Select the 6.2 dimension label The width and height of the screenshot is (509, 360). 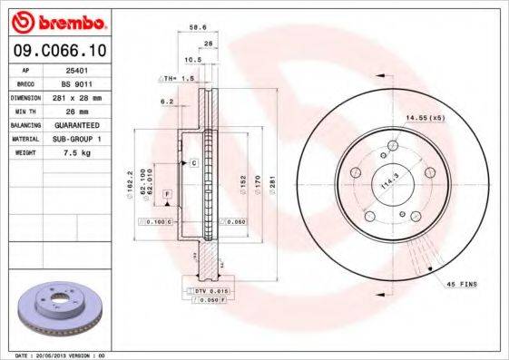point(166,102)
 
